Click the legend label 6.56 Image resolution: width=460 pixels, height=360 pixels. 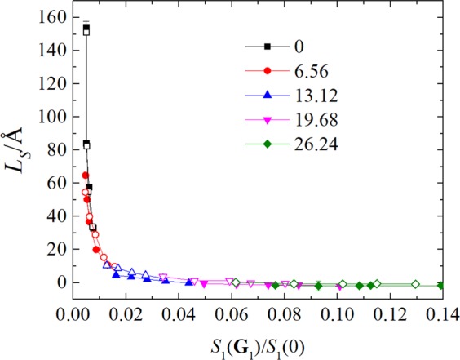(303, 87)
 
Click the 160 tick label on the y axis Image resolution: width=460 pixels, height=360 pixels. (55, 16)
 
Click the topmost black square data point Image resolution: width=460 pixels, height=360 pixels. (86, 28)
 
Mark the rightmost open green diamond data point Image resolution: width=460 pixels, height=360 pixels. (415, 284)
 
